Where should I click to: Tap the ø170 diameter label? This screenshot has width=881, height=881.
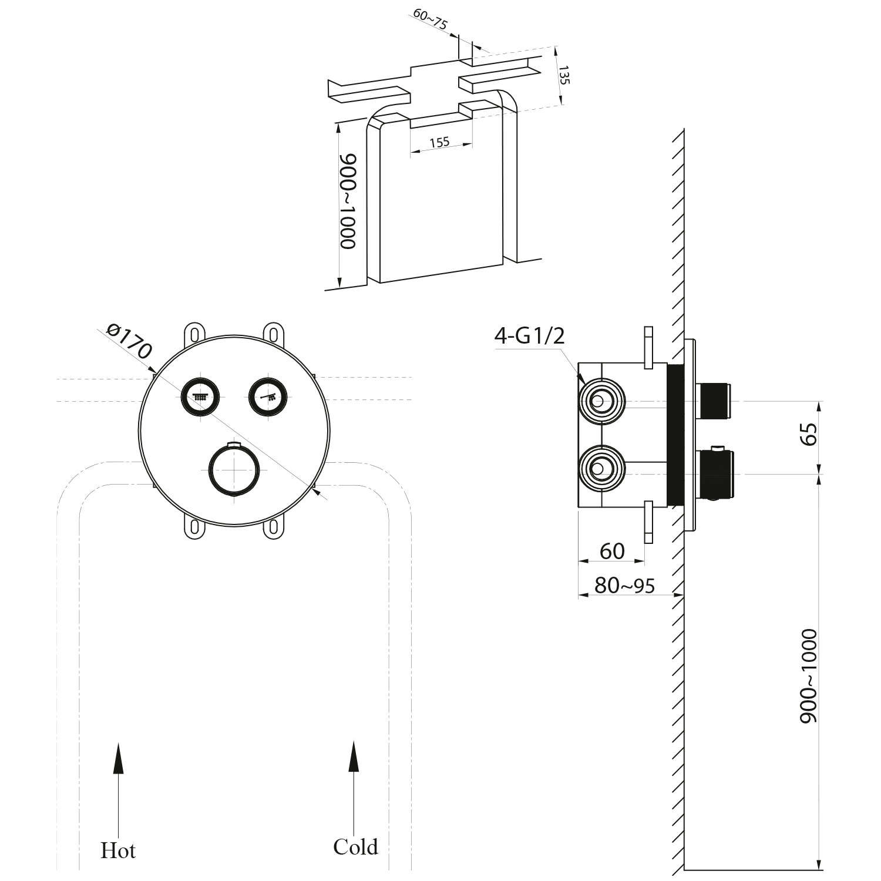point(130,341)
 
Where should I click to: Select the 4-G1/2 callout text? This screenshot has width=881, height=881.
point(529,335)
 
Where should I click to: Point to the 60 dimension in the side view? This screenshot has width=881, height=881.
point(612,551)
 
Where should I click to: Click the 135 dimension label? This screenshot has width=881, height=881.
point(564,76)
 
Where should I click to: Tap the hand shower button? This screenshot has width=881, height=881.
point(268,396)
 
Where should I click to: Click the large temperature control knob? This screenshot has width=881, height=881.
point(234,470)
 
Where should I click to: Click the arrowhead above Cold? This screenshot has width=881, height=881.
point(354,755)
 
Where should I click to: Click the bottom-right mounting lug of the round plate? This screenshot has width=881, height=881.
point(273,529)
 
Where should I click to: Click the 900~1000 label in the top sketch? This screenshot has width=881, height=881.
point(348,201)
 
